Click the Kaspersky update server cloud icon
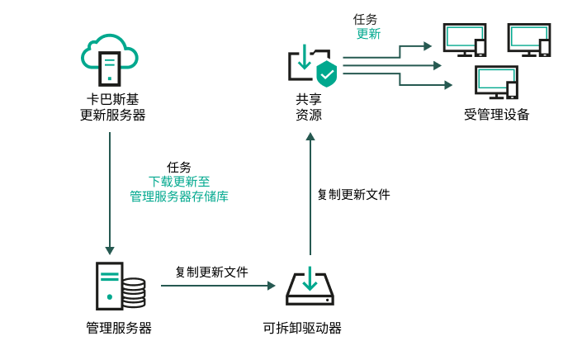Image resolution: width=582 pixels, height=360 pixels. pos(108,58)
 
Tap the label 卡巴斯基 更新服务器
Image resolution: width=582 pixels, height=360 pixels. pos(107,107)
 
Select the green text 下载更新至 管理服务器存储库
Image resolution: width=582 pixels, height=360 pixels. pos(178,189)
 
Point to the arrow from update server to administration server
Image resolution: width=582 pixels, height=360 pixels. pos(109,190)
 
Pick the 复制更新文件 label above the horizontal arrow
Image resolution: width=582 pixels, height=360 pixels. pos(211,272)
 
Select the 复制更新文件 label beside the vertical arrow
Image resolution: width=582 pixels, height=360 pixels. pos(353,195)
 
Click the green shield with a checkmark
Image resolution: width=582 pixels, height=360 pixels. pos(328,73)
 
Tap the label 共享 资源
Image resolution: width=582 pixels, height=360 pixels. pos(309,107)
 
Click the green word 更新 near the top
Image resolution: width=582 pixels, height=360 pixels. pos(368,34)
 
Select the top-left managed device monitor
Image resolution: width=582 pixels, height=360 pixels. pos(465,40)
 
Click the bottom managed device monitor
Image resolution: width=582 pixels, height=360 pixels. pos(495,81)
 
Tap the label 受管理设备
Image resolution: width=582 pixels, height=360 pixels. pos(496,114)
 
